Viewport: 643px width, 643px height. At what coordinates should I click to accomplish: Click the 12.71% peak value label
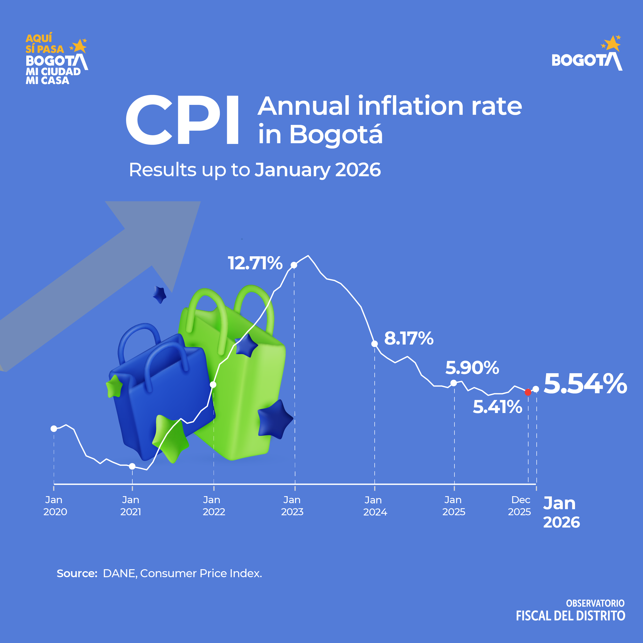(x=255, y=263)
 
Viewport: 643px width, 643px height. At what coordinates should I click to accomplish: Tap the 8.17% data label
(x=409, y=338)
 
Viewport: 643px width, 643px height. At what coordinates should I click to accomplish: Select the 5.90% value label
(x=472, y=368)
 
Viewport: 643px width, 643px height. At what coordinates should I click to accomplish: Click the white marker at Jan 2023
(x=294, y=265)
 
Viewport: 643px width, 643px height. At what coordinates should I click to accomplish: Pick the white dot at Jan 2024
(x=374, y=344)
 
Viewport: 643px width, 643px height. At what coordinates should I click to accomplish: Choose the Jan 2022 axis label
(x=214, y=506)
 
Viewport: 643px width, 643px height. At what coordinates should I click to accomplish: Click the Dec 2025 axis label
(x=520, y=506)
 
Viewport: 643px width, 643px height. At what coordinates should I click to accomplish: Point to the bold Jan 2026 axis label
(x=561, y=513)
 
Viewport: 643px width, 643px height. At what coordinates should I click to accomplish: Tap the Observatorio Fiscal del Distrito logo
(x=570, y=610)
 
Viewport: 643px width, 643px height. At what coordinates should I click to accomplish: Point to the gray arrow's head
(x=160, y=233)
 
